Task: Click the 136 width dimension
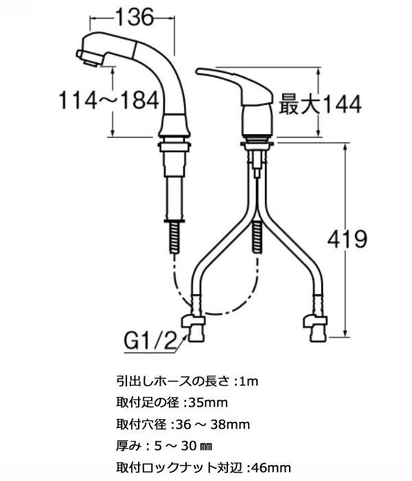click(135, 17)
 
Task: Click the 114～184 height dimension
click(108, 100)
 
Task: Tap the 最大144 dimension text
click(321, 104)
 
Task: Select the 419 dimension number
click(347, 239)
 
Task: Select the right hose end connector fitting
click(315, 329)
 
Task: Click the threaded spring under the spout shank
click(174, 237)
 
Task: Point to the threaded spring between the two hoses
click(257, 237)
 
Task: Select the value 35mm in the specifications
click(209, 403)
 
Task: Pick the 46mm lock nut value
click(271, 468)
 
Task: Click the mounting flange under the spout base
click(174, 146)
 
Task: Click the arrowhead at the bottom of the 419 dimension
click(346, 334)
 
